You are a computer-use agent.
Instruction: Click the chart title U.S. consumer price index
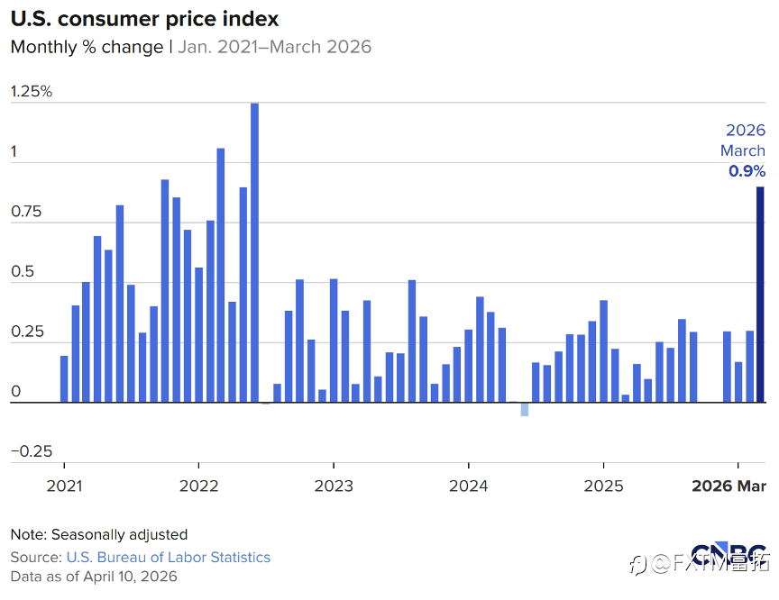point(144,18)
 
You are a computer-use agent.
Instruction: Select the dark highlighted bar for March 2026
point(760,295)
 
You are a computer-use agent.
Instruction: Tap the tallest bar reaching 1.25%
point(254,253)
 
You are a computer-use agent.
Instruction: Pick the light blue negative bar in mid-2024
point(524,409)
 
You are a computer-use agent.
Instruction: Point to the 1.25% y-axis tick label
point(32,92)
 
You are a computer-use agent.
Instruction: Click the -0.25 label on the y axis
point(32,451)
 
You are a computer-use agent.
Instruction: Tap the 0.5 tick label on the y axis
point(23,272)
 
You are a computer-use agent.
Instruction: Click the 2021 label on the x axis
point(64,486)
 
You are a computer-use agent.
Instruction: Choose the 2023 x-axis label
point(334,486)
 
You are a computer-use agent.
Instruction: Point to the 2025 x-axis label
point(603,486)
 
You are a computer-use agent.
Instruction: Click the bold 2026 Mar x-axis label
point(729,486)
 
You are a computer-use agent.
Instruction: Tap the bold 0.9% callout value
point(747,171)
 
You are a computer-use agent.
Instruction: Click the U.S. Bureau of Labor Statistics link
point(168,557)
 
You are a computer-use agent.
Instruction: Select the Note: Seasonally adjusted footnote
point(99,534)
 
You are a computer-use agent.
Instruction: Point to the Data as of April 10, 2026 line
point(94,577)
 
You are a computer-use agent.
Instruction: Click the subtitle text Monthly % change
point(87,47)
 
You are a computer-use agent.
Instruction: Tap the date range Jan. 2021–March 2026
point(274,47)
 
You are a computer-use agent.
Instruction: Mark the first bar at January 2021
point(64,379)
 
